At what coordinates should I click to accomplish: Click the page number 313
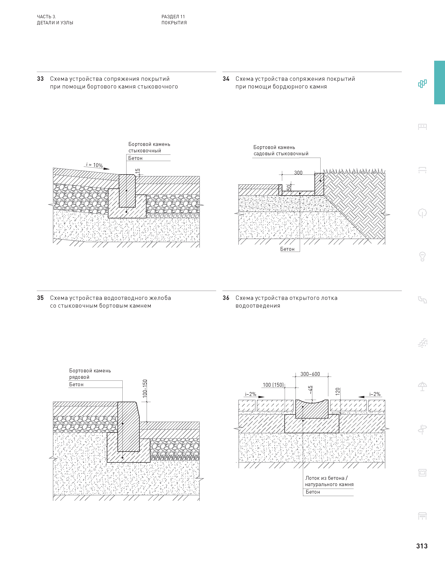point(421,546)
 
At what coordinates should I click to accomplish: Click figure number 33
point(40,79)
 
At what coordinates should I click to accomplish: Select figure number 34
point(226,79)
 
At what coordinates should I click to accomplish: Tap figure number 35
point(40,298)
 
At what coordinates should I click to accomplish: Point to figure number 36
point(226,298)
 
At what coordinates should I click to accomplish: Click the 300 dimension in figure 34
point(298,173)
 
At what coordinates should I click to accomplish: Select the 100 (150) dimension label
point(273,385)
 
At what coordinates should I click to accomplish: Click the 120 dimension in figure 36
point(338,392)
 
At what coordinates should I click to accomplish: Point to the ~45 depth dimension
point(310,390)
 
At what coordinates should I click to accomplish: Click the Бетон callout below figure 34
point(287,249)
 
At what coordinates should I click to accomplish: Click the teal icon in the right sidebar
point(422,84)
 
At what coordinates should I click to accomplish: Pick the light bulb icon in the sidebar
point(422,256)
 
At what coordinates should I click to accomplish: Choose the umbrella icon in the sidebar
point(422,386)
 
